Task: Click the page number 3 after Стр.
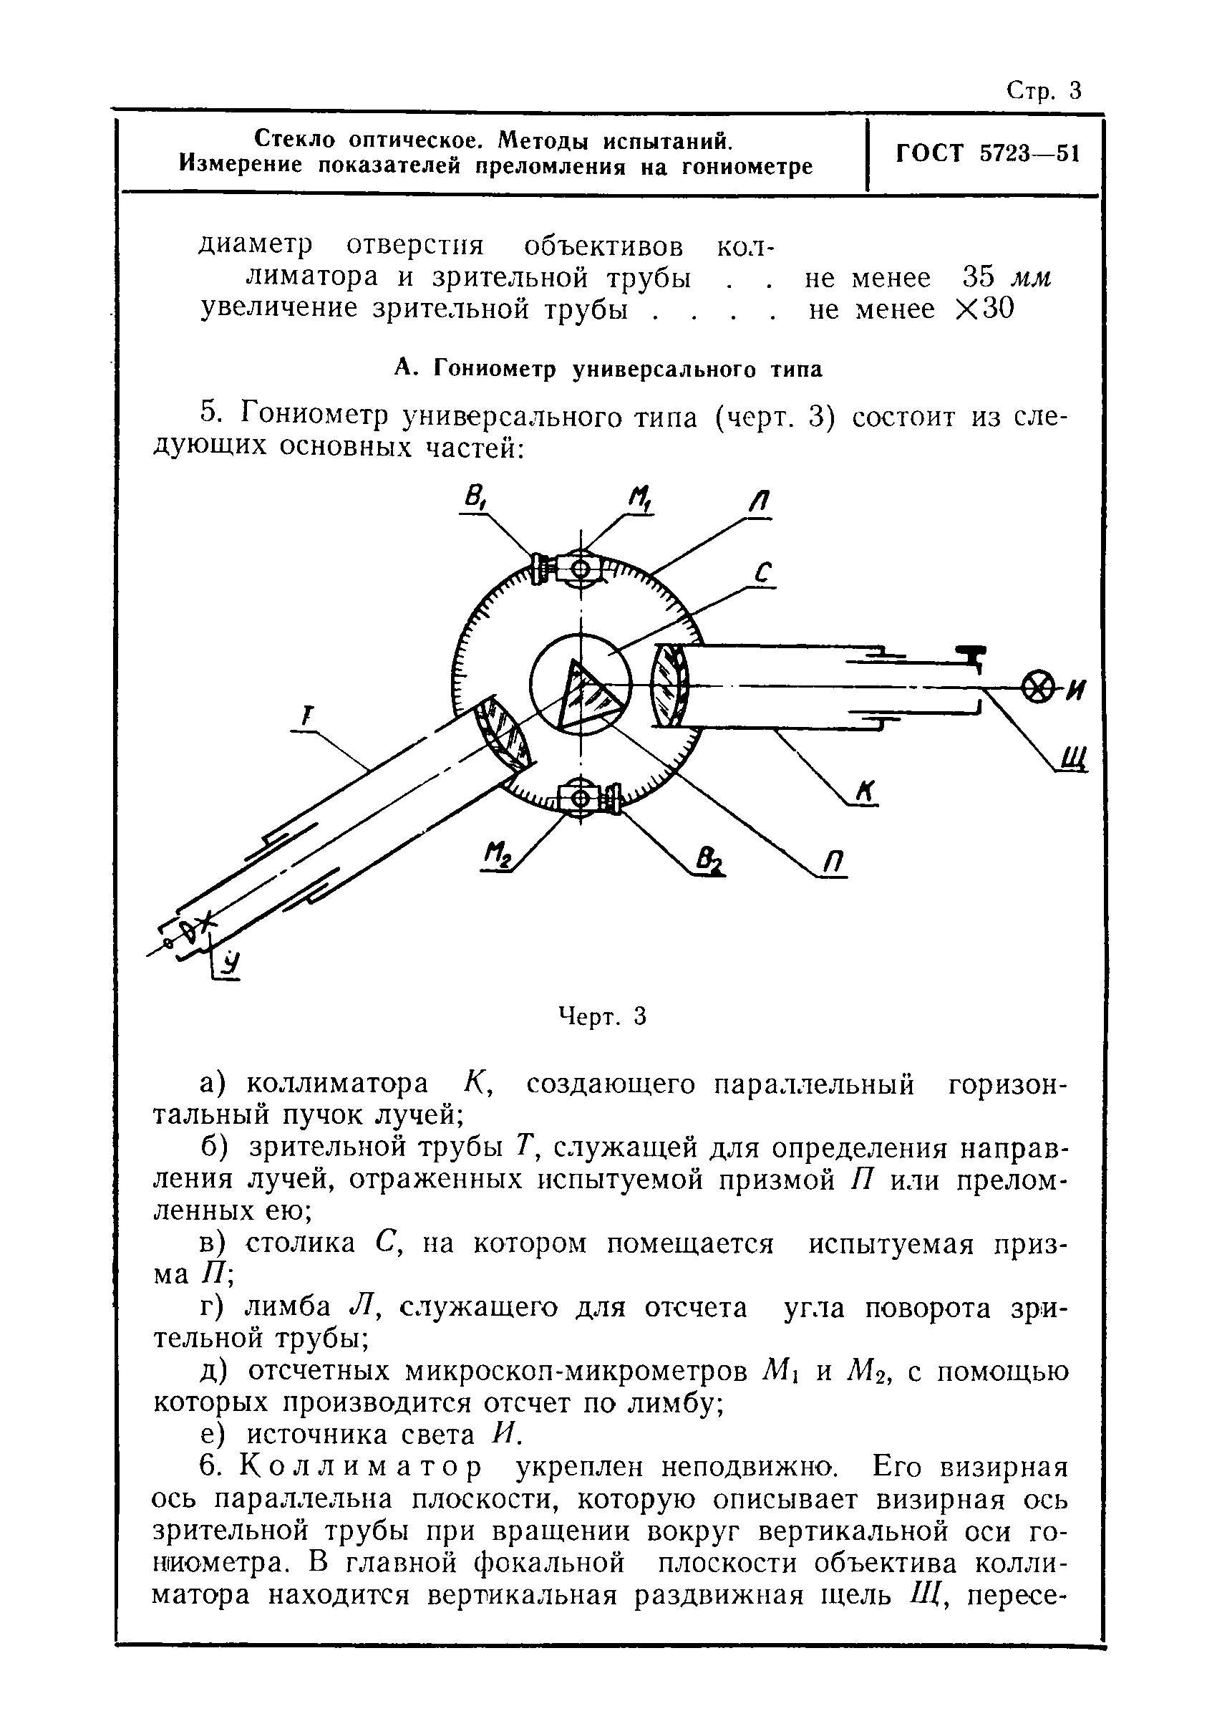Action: (1075, 92)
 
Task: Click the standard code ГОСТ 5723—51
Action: (987, 154)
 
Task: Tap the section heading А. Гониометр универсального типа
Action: (608, 370)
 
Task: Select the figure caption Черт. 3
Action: (602, 1017)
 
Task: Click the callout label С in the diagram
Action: (763, 574)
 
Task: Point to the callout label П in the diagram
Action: (833, 861)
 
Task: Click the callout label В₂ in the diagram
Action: (710, 859)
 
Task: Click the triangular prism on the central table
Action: (589, 693)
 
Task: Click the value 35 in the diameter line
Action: (979, 278)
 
